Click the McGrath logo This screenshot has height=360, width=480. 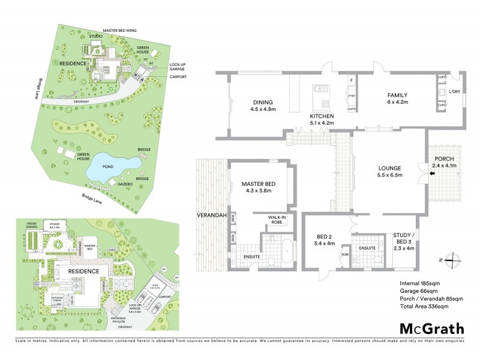click(431, 328)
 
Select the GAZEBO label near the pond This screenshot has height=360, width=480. click(124, 185)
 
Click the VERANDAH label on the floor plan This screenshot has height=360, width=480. click(210, 214)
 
